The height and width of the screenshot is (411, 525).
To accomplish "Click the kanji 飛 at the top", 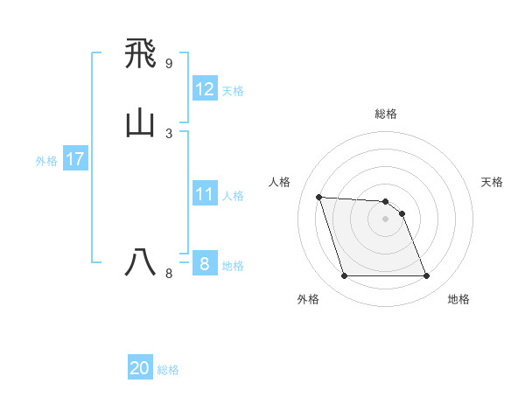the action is coord(140,56).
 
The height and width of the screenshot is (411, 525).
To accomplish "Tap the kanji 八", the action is coord(140,262).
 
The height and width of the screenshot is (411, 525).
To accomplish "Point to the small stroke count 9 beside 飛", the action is coord(168,64).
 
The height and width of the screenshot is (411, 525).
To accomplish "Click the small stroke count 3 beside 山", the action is coord(168,133).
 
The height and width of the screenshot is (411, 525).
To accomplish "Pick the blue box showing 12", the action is coord(205,89).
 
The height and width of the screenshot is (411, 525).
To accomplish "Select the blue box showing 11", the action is coord(205,194).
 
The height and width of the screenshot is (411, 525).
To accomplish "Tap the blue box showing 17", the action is coord(75,159).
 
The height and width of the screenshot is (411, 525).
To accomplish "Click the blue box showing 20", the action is coord(140,368).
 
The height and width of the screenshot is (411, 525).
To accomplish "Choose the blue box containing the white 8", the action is coord(205,263).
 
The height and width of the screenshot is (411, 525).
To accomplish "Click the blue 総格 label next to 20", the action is coord(168,370).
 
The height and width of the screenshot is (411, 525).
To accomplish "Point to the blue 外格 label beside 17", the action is coord(46,161).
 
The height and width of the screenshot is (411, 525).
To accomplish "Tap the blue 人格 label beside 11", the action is coord(234,196).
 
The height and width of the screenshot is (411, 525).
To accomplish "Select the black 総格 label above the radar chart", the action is coord(386,114).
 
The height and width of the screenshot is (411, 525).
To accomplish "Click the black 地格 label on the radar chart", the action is coord(458,300).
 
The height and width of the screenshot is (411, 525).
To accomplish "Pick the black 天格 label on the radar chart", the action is coord(493,182).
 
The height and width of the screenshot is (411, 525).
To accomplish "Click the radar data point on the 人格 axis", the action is coord(319,197).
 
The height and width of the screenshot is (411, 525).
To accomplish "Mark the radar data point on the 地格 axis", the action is coord(426,276).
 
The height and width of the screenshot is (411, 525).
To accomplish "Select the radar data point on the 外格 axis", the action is coord(345,276).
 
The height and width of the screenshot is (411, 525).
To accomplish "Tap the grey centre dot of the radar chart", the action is coord(386,219).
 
